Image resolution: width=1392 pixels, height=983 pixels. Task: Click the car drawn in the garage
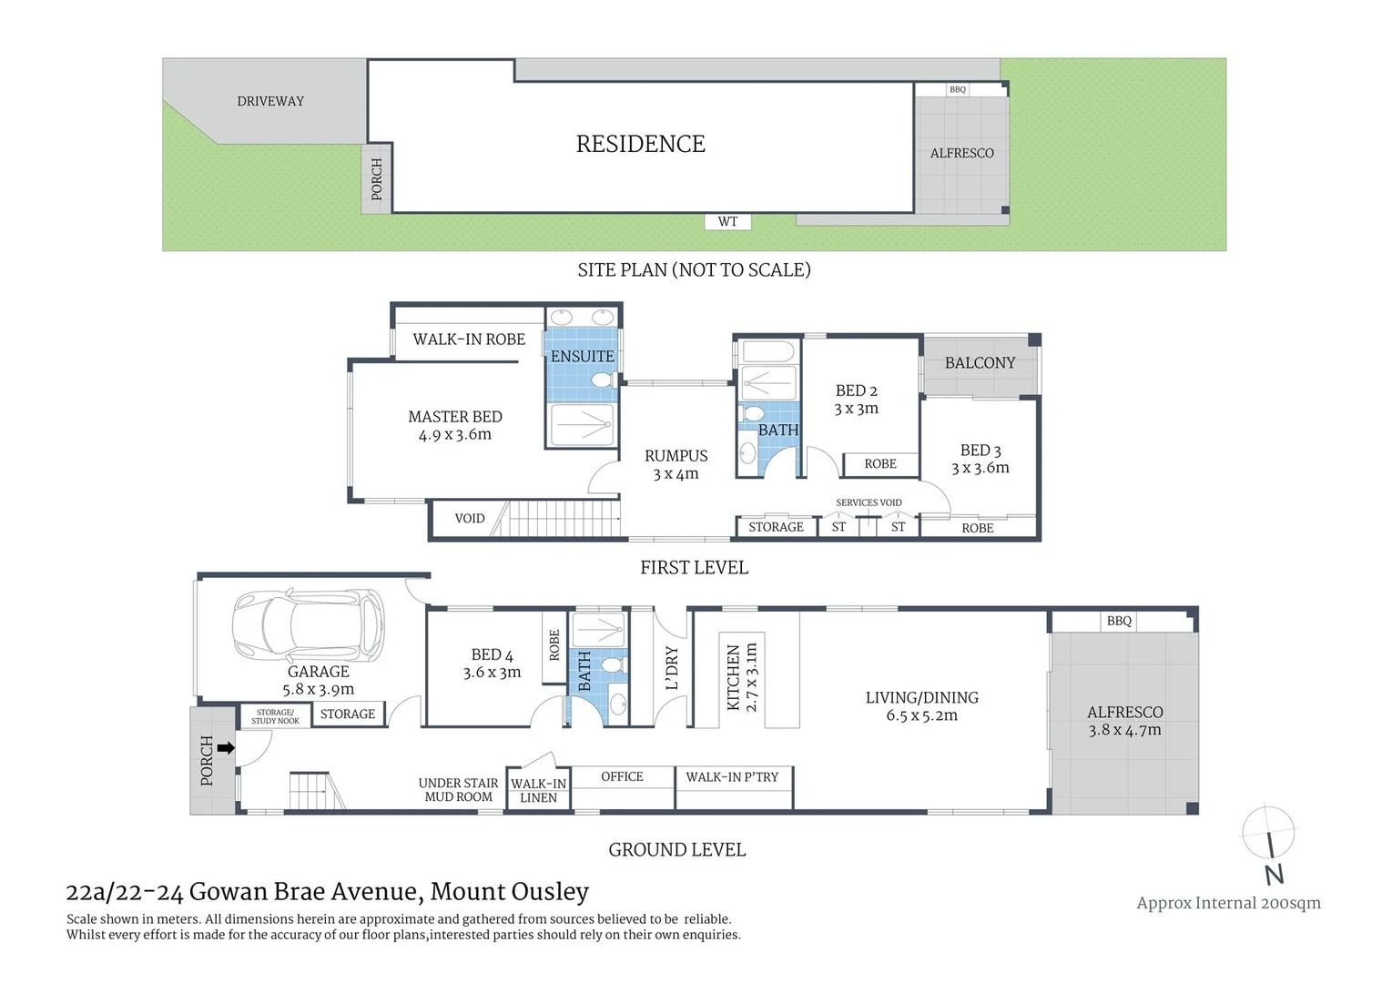pos(308,627)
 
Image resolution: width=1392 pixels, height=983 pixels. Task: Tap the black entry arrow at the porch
pos(226,748)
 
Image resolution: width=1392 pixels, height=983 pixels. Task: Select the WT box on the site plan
pos(727,221)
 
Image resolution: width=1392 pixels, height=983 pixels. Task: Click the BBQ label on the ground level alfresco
pos(1119,621)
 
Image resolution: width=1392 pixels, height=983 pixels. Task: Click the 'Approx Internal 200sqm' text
pos(1228,903)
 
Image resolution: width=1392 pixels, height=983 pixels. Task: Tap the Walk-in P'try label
pos(732,776)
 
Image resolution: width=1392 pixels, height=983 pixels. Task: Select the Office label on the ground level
pos(622,776)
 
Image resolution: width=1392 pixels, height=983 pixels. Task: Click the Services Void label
pos(869,502)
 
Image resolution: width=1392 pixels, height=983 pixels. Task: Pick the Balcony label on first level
pos(980,362)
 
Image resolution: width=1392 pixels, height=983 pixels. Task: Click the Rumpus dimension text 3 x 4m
pos(676,474)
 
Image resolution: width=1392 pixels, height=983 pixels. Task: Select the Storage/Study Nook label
pos(275,716)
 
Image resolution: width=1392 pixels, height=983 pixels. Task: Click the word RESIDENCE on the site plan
pos(640,144)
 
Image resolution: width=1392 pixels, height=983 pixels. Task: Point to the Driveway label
pos(270,101)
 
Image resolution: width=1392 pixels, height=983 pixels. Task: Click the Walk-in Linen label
pos(538,790)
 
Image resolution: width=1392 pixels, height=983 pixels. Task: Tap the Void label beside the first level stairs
pos(470,518)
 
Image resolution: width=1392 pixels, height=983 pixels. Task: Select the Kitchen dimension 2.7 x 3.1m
pos(751,677)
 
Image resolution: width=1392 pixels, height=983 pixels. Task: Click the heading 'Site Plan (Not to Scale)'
pos(694,269)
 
